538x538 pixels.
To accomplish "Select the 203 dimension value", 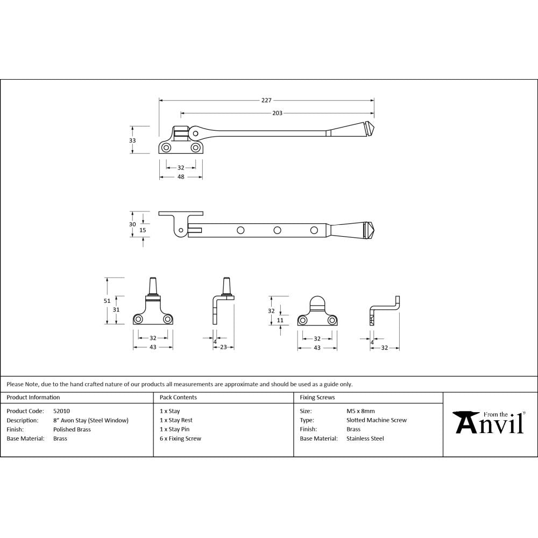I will (x=277, y=113).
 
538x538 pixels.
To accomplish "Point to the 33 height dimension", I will (x=132, y=140).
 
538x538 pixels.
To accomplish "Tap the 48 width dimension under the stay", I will (x=181, y=177).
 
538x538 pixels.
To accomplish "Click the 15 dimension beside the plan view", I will (x=143, y=230).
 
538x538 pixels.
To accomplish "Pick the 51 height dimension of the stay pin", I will (x=107, y=301).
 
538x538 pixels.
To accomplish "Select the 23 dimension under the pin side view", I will (x=223, y=348).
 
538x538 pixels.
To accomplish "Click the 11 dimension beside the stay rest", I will (x=280, y=320).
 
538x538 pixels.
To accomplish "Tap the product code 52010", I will (x=61, y=411).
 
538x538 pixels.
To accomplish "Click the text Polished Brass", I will (x=72, y=429).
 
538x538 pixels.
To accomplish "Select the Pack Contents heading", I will (x=178, y=398).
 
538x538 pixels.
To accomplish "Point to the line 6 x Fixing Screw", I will (x=180, y=438).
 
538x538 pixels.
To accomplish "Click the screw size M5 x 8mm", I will (x=360, y=411).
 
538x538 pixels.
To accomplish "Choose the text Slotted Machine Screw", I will (x=377, y=420).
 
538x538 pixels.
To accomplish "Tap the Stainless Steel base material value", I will (x=365, y=438).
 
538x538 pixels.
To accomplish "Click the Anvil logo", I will (x=490, y=422).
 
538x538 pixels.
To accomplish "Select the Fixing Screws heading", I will (x=317, y=398).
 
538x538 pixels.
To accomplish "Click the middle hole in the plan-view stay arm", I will (x=277, y=230).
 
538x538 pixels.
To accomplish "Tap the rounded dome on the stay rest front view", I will (x=317, y=303).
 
